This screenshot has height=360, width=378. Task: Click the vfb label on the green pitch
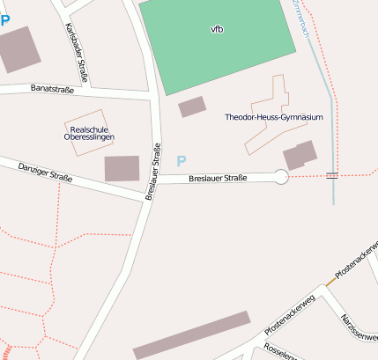(217, 29)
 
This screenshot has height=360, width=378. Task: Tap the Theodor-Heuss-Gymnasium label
(274, 117)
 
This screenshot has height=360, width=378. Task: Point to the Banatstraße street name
(52, 89)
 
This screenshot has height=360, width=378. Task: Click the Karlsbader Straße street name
(76, 53)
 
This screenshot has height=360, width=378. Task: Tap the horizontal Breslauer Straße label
(218, 179)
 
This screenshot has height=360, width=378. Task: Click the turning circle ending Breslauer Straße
(281, 177)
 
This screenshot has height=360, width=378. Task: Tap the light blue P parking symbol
(182, 161)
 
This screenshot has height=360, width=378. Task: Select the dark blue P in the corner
(4, 19)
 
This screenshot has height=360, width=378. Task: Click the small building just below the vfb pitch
(192, 107)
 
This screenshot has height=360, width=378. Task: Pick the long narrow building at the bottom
(191, 335)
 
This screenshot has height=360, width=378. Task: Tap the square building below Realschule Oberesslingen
(122, 168)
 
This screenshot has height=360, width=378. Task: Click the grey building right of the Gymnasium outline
(300, 155)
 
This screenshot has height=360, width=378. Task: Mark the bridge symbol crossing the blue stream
(332, 176)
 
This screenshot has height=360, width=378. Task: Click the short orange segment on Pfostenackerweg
(330, 281)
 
